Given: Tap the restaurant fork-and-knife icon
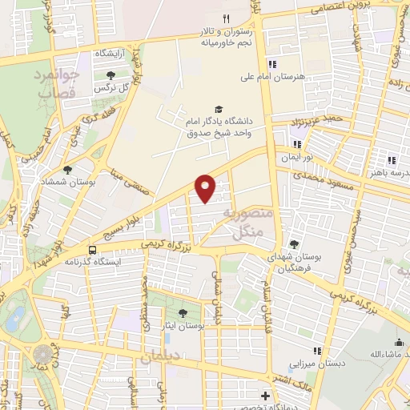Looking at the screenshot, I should click(227, 18).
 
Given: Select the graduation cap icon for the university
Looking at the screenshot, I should click(218, 109).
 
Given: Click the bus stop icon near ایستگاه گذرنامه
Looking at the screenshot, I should click(93, 249).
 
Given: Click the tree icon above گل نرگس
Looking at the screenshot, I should click(111, 75).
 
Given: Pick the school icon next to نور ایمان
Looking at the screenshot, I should click(297, 145).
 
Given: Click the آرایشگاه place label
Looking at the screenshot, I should click(114, 53).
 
